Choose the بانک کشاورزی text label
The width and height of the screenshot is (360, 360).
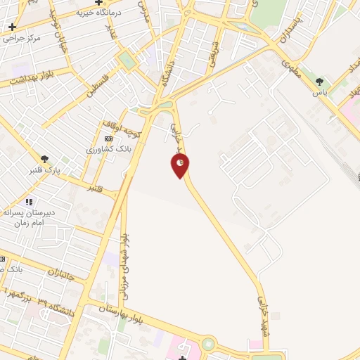pos(105,150)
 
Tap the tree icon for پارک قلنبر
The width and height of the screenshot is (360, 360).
pos(45,159)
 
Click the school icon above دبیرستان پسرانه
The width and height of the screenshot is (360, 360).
pos(29,202)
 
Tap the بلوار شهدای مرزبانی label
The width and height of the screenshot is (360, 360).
pos(125,264)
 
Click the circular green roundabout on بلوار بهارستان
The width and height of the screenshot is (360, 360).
pos(208,344)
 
